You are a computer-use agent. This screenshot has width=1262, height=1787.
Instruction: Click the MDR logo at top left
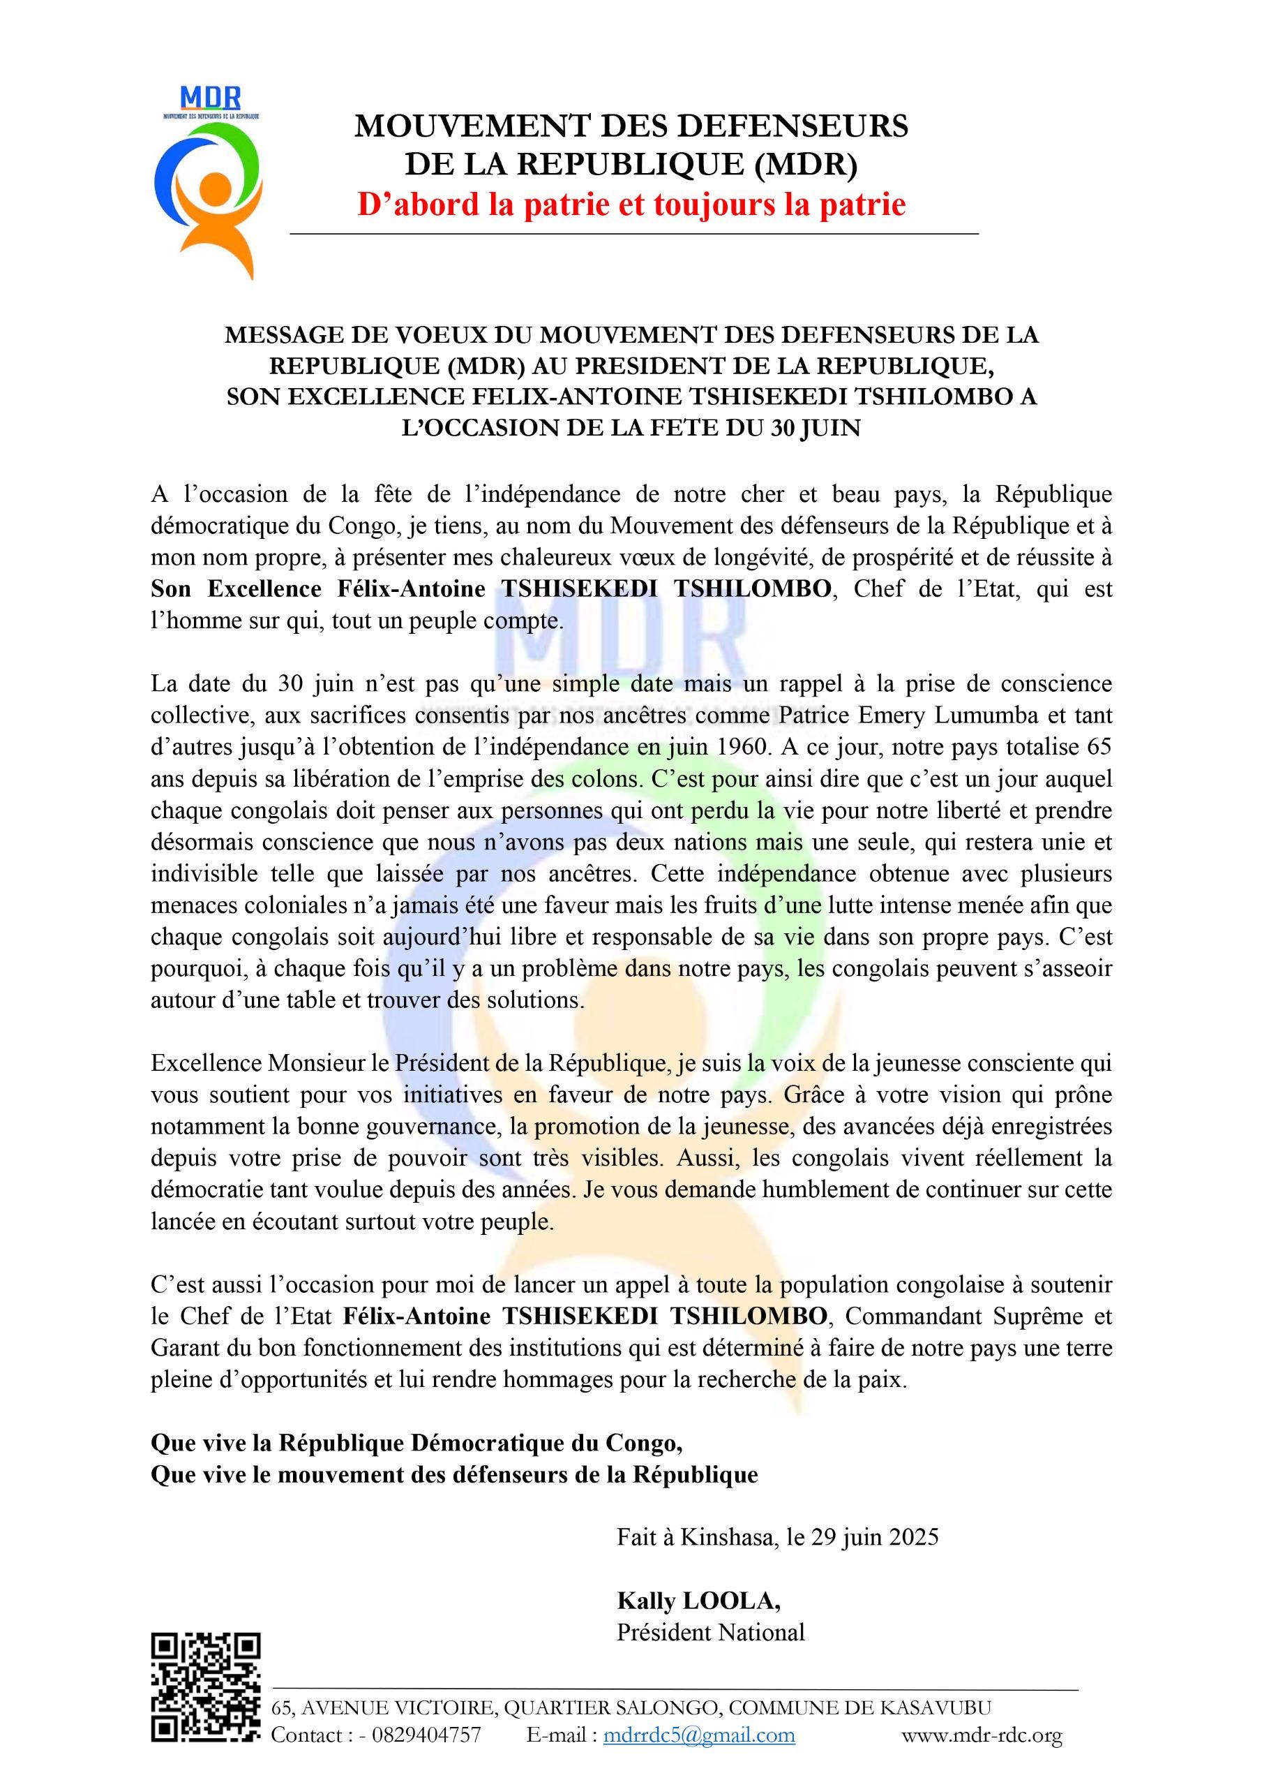[207, 183]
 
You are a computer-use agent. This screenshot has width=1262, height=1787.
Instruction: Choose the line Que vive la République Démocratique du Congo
[416, 1443]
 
